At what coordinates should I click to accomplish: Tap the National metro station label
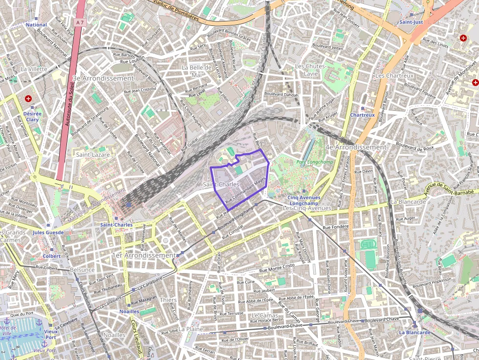click(x=36, y=25)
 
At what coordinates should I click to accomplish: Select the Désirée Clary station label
click(x=32, y=116)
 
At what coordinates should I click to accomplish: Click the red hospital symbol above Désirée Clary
click(x=28, y=99)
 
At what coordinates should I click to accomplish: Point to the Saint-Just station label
click(x=411, y=22)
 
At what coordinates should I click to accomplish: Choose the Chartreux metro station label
click(x=362, y=115)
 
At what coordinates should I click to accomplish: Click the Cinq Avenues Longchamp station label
click(x=304, y=200)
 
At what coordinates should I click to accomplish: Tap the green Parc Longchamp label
click(x=311, y=162)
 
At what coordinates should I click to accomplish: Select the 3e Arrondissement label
click(x=103, y=78)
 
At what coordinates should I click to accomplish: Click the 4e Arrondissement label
click(x=355, y=147)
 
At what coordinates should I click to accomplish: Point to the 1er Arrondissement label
click(x=143, y=255)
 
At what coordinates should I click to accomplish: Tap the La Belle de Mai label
click(x=196, y=71)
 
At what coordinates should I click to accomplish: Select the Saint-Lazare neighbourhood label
click(x=92, y=154)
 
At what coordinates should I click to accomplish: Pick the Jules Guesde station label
click(x=48, y=233)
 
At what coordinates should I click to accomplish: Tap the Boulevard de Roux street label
click(x=415, y=146)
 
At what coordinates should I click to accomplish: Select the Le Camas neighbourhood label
click(x=264, y=316)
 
